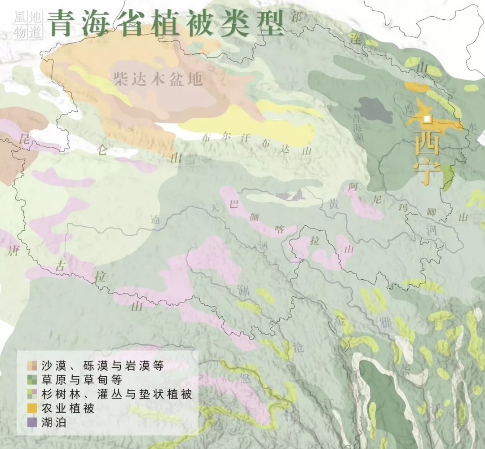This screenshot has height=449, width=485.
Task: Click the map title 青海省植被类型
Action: (x=166, y=22)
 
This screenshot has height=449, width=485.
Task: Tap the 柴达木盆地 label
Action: (x=158, y=79)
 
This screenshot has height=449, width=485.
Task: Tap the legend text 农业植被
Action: (x=67, y=408)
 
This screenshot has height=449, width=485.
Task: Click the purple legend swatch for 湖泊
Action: (x=31, y=422)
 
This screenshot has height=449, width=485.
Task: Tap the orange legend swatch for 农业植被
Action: (x=31, y=408)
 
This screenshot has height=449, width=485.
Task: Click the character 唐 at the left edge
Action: (x=12, y=251)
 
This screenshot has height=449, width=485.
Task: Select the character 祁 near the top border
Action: (x=297, y=18)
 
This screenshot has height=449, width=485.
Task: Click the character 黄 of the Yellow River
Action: (x=333, y=205)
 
